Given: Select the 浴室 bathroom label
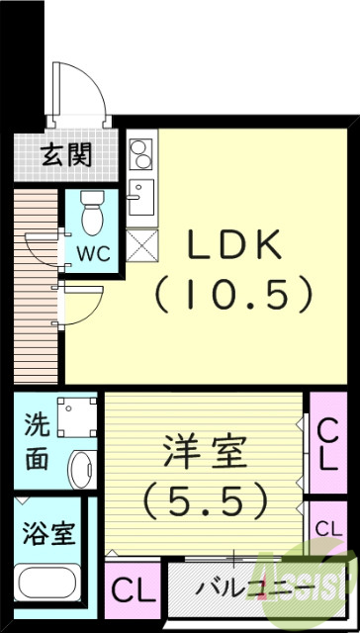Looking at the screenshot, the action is coord(46,535).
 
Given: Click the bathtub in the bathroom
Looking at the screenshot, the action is coord(49,585).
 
